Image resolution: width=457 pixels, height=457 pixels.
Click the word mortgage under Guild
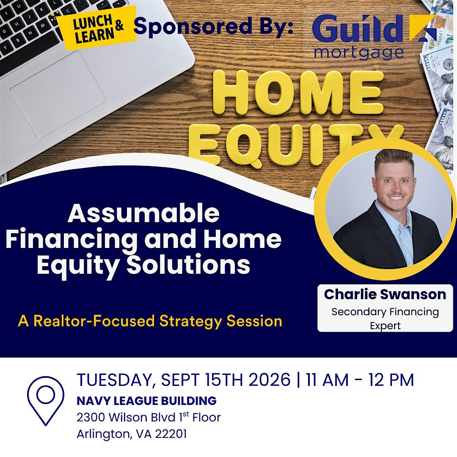click(359, 53)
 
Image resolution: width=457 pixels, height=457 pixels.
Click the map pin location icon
click(46, 401)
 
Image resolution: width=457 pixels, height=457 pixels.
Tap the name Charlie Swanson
click(385, 295)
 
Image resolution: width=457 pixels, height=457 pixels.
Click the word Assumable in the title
click(144, 213)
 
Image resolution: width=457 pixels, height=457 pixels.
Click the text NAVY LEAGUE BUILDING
click(146, 401)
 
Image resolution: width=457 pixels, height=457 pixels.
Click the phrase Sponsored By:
click(214, 27)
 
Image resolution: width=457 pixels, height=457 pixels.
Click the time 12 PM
click(391, 380)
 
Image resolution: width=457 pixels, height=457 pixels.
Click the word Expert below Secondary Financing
click(385, 325)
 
